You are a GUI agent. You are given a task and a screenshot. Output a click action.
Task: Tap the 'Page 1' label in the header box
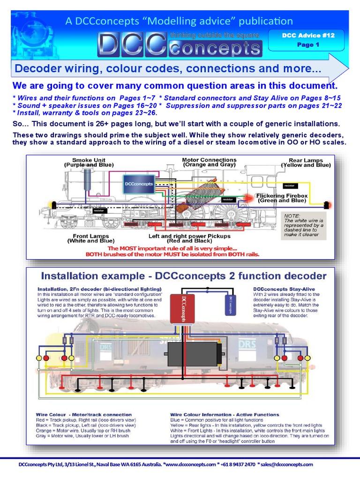point(308,45)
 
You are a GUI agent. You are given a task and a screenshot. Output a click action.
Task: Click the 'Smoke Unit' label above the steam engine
point(89,162)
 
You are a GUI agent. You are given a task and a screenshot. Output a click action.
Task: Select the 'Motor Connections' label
point(209,162)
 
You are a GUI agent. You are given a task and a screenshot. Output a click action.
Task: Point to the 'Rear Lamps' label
point(306,162)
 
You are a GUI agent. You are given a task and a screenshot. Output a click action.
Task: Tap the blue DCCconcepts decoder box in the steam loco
point(139,184)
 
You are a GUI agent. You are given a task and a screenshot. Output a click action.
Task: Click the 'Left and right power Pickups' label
point(189,239)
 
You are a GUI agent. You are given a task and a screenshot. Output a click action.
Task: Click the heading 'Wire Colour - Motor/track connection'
point(83,414)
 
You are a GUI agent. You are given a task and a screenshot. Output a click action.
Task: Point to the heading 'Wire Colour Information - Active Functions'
point(225,414)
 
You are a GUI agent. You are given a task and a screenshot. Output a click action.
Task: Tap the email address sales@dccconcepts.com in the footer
point(287,464)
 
